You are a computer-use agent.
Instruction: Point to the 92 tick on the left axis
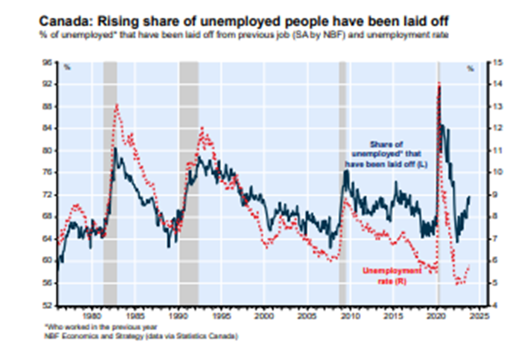point(49,84)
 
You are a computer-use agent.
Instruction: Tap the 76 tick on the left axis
point(49,173)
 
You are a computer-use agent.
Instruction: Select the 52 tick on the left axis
point(49,305)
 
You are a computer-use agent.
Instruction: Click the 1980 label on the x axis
point(92,316)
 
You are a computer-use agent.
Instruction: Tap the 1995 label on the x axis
point(221,316)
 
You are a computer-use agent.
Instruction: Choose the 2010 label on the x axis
point(351,316)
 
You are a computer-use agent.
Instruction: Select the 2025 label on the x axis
point(480,316)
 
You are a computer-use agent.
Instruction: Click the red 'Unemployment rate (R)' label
point(392,276)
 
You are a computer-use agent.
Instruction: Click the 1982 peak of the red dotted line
point(117,105)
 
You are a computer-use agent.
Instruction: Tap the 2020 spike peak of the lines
point(439,84)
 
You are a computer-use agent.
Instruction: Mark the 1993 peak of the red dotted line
point(202,128)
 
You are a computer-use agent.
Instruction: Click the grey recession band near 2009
point(342,183)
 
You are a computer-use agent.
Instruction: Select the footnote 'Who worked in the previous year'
point(101,327)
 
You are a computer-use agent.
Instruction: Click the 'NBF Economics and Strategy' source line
point(141,336)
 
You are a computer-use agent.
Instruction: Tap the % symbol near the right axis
point(470,69)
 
